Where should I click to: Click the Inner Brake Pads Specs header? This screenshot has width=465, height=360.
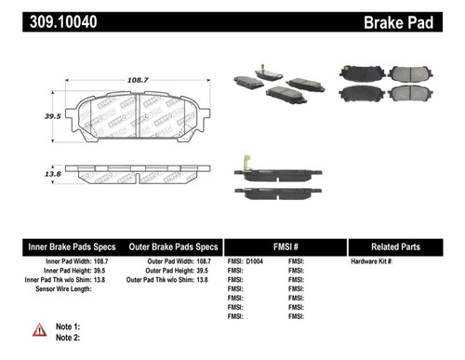pos(73,247)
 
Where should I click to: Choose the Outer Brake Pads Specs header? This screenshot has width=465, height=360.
pos(174,247)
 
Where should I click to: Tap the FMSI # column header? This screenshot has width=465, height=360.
pos(285,247)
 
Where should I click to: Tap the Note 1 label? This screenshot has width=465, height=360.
pos(69,327)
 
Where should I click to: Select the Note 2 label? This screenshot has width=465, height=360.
pos(69,338)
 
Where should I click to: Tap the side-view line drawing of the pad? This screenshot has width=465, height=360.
pos(138,173)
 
